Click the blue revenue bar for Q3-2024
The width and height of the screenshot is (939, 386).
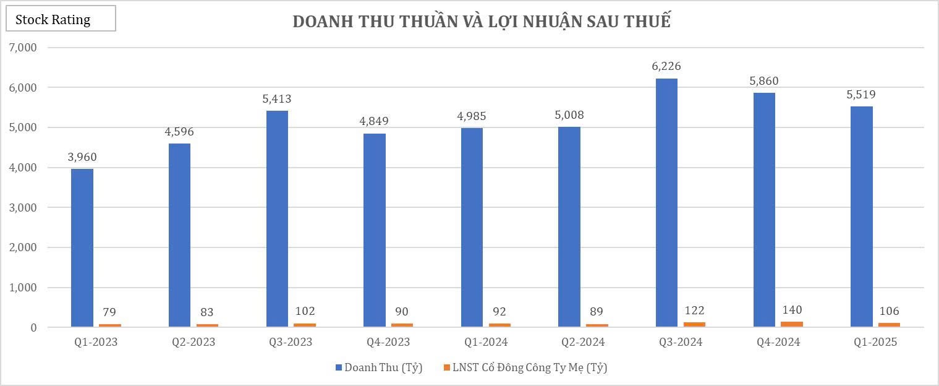pyautogui.click(x=666, y=203)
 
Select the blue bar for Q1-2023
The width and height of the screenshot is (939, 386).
pyautogui.click(x=82, y=247)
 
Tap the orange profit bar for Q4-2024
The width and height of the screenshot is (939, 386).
pyautogui.click(x=792, y=324)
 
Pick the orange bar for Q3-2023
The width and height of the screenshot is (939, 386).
pyautogui.click(x=305, y=325)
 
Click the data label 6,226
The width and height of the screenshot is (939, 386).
pyautogui.click(x=666, y=66)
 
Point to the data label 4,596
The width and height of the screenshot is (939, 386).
pyautogui.click(x=179, y=131)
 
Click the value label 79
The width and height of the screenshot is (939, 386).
pyautogui.click(x=109, y=312)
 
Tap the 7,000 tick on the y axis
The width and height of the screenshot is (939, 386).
pyautogui.click(x=22, y=48)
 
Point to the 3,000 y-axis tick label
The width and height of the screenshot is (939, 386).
pyautogui.click(x=22, y=208)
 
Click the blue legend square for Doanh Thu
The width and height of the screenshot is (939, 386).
pyautogui.click(x=339, y=368)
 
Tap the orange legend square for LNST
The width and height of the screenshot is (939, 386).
pyautogui.click(x=447, y=368)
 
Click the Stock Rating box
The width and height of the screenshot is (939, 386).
pyautogui.click(x=61, y=19)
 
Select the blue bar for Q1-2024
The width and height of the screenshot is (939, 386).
pyautogui.click(x=472, y=227)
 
